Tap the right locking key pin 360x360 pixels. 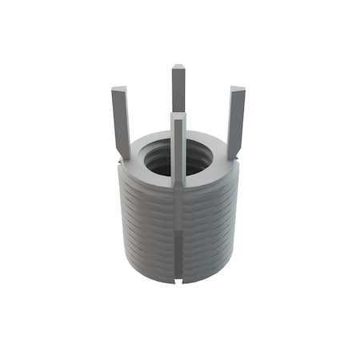coord(235,120)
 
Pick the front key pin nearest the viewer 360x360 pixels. coord(178,152)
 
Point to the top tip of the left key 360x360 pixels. coord(118,90)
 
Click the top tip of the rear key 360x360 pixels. coord(178,67)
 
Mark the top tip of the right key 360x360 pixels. coord(238,89)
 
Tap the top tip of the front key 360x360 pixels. coord(178,117)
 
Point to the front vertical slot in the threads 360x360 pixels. coord(178,232)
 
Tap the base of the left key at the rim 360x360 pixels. coord(125,154)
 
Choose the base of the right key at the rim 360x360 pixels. coord(232,154)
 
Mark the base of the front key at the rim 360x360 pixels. coord(178,184)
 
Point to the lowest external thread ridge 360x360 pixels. coord(152,272)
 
